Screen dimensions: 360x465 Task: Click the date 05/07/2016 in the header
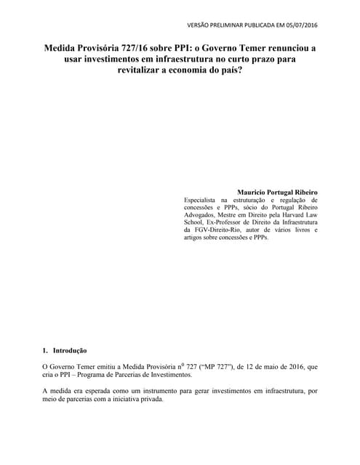click(x=300, y=25)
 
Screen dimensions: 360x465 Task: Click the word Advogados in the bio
click(x=201, y=217)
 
